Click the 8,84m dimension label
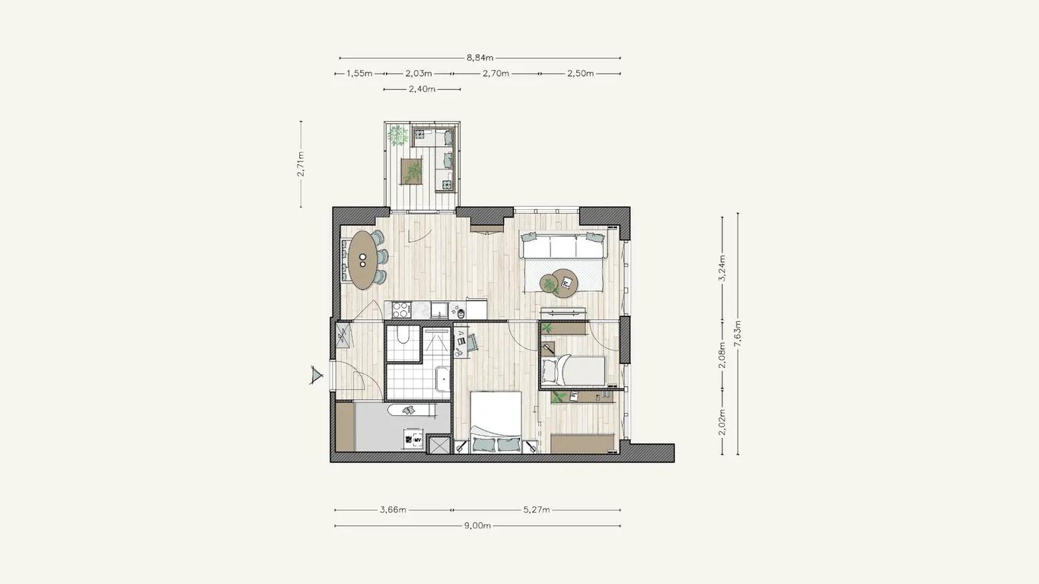point(480,58)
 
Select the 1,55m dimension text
point(359,73)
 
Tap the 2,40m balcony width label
point(422,89)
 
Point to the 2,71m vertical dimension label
point(301,163)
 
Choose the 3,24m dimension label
point(722,268)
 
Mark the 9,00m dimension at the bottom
point(477,525)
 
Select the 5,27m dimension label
point(537,509)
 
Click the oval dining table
point(363,260)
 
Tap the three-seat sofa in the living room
point(563,246)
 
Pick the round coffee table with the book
point(565,282)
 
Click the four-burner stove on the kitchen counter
point(401,309)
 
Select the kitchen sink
point(438,309)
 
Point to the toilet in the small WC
point(403,335)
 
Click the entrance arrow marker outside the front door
point(316,375)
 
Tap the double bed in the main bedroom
point(496,422)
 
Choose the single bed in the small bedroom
point(573,370)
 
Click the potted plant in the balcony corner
point(397,135)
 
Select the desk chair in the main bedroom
point(472,342)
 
